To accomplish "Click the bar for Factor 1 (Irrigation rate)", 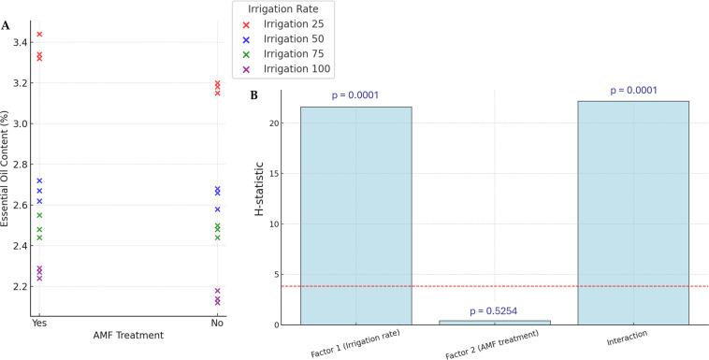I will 355,215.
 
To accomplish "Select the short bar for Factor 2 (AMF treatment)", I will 495,322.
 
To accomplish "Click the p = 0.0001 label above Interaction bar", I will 633,91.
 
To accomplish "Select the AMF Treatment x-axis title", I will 127,335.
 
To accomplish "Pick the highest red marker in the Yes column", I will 39,35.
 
